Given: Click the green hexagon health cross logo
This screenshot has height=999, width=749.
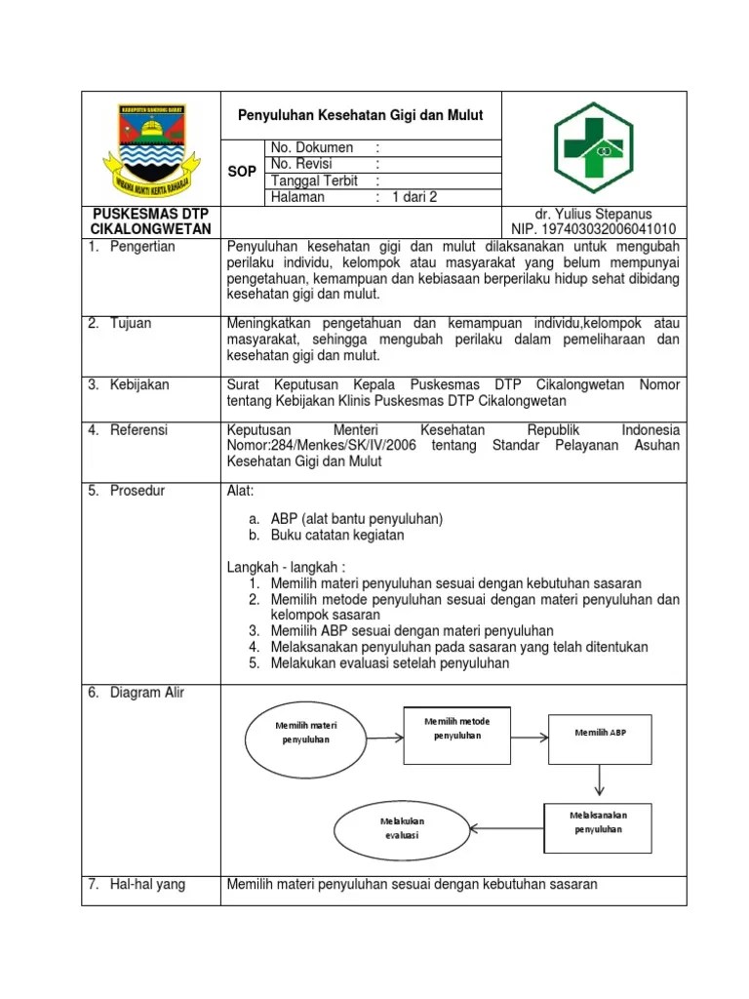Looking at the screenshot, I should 593,147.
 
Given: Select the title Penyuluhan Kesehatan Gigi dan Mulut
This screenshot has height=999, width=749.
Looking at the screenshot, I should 361,115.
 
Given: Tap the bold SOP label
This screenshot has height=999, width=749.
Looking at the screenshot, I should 242,172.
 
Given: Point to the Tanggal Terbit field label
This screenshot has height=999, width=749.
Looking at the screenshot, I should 314,180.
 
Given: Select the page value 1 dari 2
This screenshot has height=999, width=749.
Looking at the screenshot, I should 414,197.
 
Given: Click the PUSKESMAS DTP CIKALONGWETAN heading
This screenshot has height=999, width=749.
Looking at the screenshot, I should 151,221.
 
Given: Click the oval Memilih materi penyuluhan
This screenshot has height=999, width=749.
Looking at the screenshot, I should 305,733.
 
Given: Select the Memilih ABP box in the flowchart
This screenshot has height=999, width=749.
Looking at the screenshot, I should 600,732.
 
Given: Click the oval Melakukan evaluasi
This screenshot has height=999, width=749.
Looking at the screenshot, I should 402,828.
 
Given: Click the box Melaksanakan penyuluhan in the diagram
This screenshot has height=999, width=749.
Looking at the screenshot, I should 598,821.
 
